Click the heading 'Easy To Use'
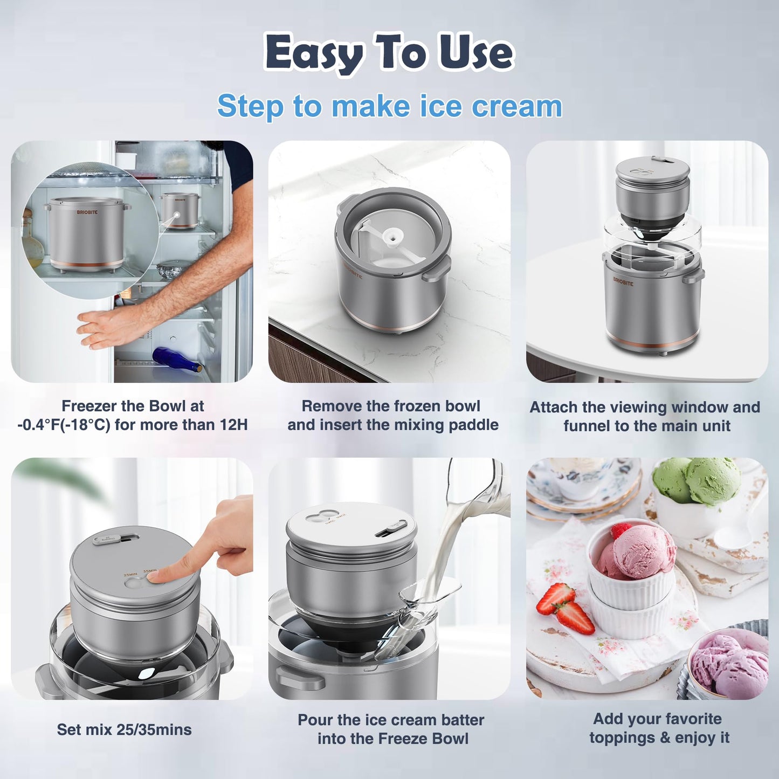click(x=389, y=53)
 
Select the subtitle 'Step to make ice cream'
click(x=389, y=106)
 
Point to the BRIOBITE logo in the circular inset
click(x=87, y=212)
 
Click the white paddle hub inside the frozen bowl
click(x=392, y=236)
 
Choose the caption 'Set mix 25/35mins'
click(x=124, y=729)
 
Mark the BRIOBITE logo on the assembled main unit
click(x=623, y=281)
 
